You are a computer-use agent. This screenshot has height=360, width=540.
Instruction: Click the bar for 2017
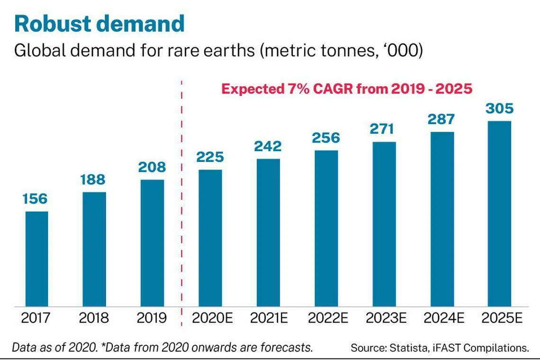click(36, 259)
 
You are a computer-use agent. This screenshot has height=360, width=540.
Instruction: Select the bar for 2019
click(152, 243)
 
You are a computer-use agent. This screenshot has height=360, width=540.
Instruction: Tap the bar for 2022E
click(326, 228)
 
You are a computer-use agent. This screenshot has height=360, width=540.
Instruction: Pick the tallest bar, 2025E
click(500, 214)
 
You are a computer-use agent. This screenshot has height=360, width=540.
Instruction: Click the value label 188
click(94, 180)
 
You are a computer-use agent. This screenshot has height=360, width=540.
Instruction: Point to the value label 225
click(210, 157)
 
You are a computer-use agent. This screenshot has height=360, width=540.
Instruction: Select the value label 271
click(384, 129)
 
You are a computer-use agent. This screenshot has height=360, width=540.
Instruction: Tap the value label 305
click(499, 108)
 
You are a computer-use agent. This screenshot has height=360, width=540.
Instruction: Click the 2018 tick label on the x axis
click(94, 318)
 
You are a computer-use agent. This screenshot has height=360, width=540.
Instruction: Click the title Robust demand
click(99, 24)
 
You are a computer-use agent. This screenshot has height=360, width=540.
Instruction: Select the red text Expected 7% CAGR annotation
click(347, 89)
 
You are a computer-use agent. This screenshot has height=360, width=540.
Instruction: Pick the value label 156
click(36, 199)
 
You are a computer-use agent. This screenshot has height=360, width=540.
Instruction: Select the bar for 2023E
click(384, 224)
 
